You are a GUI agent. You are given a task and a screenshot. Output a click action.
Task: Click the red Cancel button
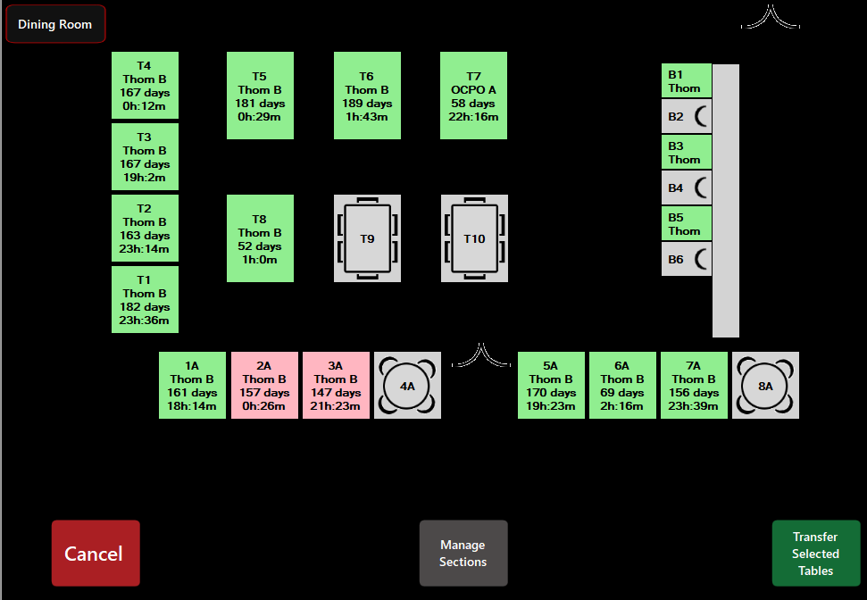(x=96, y=554)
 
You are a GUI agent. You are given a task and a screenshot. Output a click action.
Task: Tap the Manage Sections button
(x=463, y=554)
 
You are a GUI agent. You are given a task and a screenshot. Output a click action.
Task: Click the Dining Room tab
(x=55, y=24)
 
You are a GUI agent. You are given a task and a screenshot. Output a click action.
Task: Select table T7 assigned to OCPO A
(x=473, y=96)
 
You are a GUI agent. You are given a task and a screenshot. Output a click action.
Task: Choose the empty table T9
(x=367, y=238)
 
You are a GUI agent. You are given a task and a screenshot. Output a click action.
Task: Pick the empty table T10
(x=474, y=238)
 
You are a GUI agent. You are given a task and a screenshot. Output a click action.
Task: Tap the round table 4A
(x=407, y=386)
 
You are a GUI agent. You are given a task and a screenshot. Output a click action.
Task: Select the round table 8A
(x=765, y=386)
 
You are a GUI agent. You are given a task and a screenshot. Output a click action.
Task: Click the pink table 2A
(x=264, y=386)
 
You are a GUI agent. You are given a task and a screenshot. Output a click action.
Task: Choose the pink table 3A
(x=336, y=386)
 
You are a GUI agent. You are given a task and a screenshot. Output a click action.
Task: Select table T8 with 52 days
(x=260, y=238)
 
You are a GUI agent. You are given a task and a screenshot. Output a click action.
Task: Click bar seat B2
(x=686, y=116)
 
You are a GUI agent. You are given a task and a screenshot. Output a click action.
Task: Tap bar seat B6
(x=686, y=259)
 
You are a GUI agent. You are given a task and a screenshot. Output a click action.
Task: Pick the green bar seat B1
(x=686, y=80)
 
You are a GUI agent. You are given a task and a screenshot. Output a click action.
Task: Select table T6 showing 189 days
(x=367, y=96)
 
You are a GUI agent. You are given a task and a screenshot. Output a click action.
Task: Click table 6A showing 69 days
(x=622, y=386)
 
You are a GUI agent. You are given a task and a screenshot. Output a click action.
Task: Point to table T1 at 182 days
(x=145, y=300)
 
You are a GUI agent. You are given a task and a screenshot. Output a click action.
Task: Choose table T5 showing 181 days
(x=260, y=96)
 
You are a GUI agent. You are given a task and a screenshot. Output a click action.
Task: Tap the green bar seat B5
(x=686, y=223)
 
